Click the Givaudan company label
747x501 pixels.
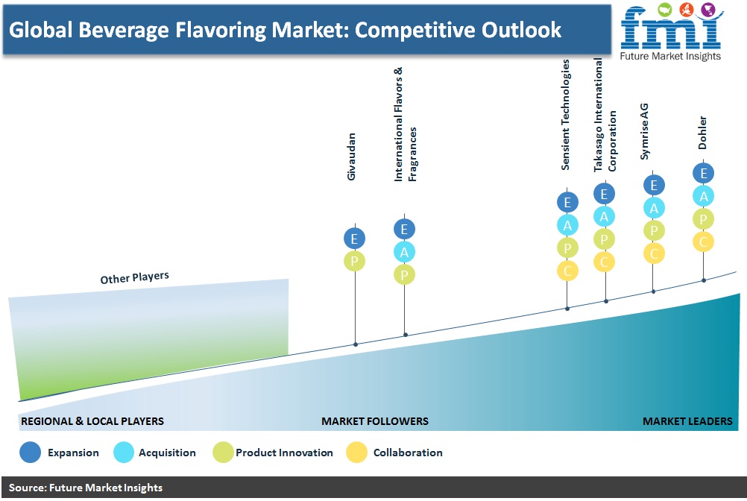pyautogui.click(x=352, y=157)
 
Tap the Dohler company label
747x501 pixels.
pyautogui.click(x=702, y=133)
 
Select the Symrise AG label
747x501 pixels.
pyautogui.click(x=644, y=131)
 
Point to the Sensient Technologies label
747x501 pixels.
pyautogui.click(x=566, y=115)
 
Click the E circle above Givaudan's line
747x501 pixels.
pyautogui.click(x=354, y=239)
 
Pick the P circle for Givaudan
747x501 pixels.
pyautogui.click(x=354, y=262)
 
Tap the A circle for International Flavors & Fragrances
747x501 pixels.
pyautogui.click(x=405, y=252)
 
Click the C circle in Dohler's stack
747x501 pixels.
pyautogui.click(x=703, y=242)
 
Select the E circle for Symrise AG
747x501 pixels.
pyautogui.click(x=654, y=185)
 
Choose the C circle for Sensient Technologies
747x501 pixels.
pyautogui.click(x=567, y=271)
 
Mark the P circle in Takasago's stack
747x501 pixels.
pyautogui.click(x=604, y=239)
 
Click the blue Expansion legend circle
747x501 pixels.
pyautogui.click(x=30, y=453)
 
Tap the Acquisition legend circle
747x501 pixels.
pyautogui.click(x=124, y=453)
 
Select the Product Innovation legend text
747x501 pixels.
pyautogui.click(x=285, y=453)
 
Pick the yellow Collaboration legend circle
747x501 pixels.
pyautogui.click(x=356, y=453)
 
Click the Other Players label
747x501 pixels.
pyautogui.click(x=134, y=277)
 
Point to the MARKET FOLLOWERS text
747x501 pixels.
pyautogui.click(x=375, y=421)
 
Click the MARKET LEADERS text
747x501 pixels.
pyautogui.click(x=687, y=421)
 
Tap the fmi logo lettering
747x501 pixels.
pyautogui.click(x=670, y=28)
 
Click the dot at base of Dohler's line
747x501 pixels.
pyautogui.click(x=704, y=280)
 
